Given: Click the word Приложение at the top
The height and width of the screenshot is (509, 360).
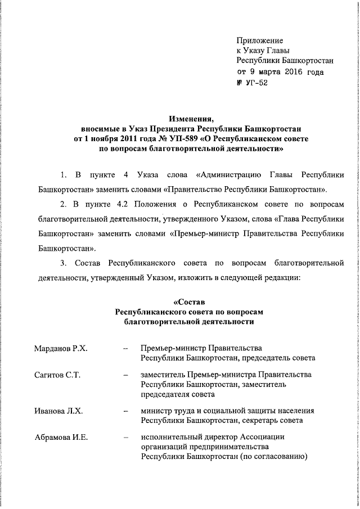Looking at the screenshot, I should (260, 40).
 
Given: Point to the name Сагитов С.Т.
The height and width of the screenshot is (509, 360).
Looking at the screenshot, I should (57, 375).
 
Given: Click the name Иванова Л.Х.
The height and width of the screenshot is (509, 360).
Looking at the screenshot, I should (58, 411).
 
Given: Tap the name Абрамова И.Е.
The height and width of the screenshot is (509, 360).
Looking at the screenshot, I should (61, 437).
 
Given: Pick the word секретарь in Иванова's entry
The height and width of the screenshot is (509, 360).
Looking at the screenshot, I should (263, 420).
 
